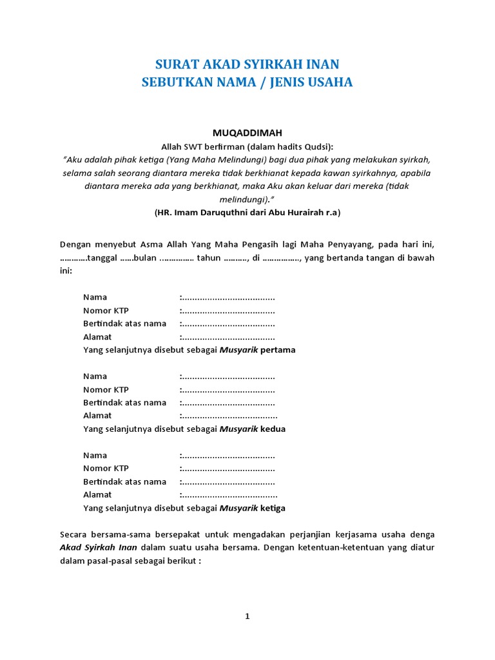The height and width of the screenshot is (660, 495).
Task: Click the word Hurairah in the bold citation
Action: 307,212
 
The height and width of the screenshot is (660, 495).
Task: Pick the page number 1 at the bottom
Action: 247,616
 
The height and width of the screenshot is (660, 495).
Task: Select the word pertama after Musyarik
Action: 278,350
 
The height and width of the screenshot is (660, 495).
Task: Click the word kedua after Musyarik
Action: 273,429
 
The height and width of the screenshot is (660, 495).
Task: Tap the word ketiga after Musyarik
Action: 273,508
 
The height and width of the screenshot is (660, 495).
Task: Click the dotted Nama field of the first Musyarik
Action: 228,297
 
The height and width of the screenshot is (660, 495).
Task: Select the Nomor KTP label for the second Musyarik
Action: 106,389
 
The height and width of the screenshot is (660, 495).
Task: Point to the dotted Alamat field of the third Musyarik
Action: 229,495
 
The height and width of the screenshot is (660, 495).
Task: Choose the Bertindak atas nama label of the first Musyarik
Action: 124,324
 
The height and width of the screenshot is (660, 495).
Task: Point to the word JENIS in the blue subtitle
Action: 278,82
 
